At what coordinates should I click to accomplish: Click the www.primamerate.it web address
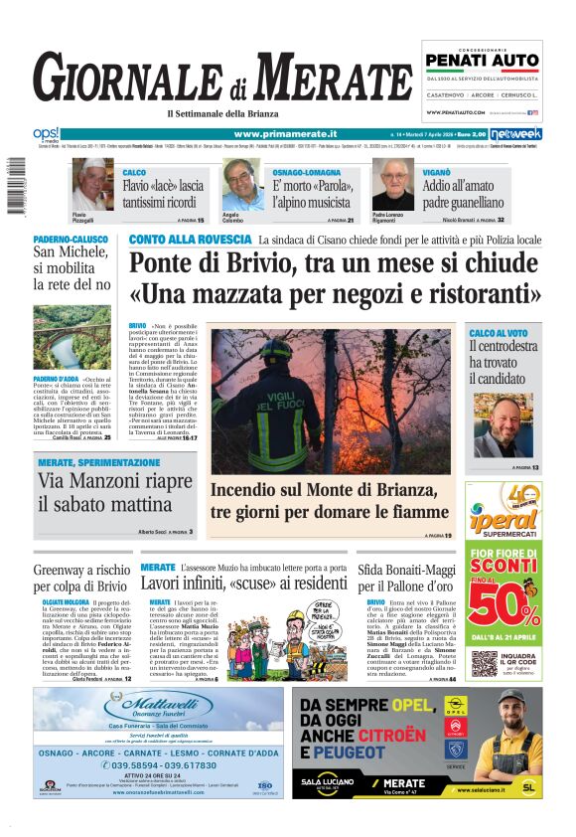(x=285, y=133)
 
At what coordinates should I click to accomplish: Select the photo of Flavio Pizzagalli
(x=92, y=184)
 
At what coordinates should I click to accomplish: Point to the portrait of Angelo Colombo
(x=241, y=184)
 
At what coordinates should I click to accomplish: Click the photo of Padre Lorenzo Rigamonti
(x=392, y=184)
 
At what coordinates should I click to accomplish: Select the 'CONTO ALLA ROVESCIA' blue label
(x=190, y=240)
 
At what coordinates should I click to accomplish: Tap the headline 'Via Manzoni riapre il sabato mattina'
(x=115, y=493)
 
